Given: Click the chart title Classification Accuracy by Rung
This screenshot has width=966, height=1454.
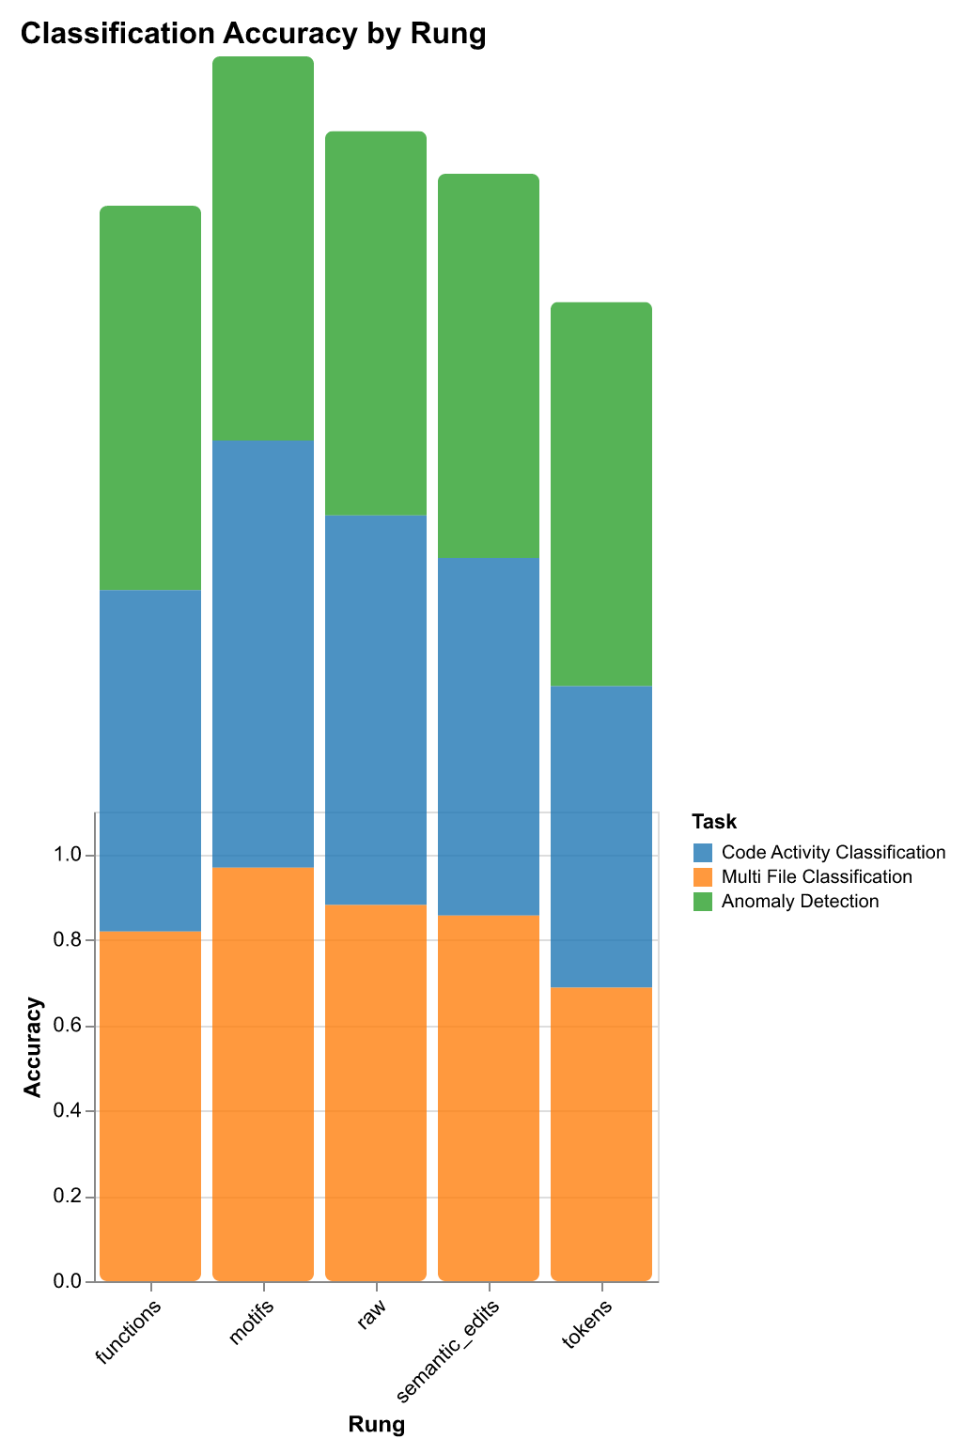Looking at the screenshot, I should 252,34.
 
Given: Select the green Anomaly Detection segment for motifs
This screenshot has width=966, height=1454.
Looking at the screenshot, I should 263,249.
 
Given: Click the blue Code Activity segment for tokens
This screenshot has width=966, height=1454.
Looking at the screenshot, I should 601,836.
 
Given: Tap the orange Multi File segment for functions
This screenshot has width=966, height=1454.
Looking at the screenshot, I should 150,1106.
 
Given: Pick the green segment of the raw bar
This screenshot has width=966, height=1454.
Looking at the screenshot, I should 376,323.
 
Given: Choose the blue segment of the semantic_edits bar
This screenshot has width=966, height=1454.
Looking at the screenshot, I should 489,735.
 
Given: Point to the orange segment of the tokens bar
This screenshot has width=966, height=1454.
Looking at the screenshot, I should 601,1133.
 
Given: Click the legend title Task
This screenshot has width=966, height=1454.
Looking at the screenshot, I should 714,822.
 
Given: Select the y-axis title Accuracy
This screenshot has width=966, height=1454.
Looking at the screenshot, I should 33,1047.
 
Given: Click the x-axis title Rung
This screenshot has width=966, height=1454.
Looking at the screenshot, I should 376,1425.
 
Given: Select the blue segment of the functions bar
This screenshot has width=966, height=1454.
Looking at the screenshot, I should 150,760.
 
